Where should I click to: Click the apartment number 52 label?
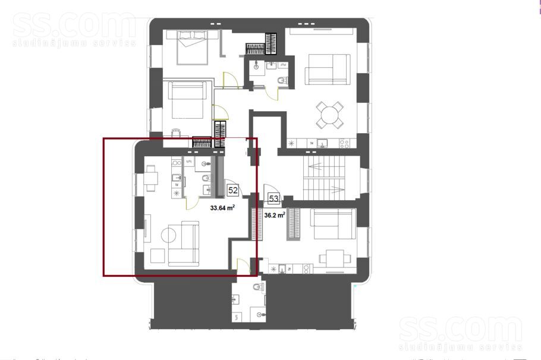pyautogui.click(x=233, y=191)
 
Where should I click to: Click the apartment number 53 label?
pyautogui.click(x=274, y=199)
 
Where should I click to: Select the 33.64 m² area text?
pyautogui.click(x=222, y=209)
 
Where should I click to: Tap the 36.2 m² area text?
pyautogui.click(x=275, y=216)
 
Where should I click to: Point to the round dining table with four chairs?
pyautogui.click(x=329, y=114)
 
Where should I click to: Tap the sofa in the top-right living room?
pyautogui.click(x=327, y=69)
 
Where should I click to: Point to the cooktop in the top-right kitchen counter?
pyautogui.click(x=344, y=143)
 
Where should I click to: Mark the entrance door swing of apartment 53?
pyautogui.click(x=270, y=192)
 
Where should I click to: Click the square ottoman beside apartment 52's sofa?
pyautogui.click(x=158, y=256)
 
